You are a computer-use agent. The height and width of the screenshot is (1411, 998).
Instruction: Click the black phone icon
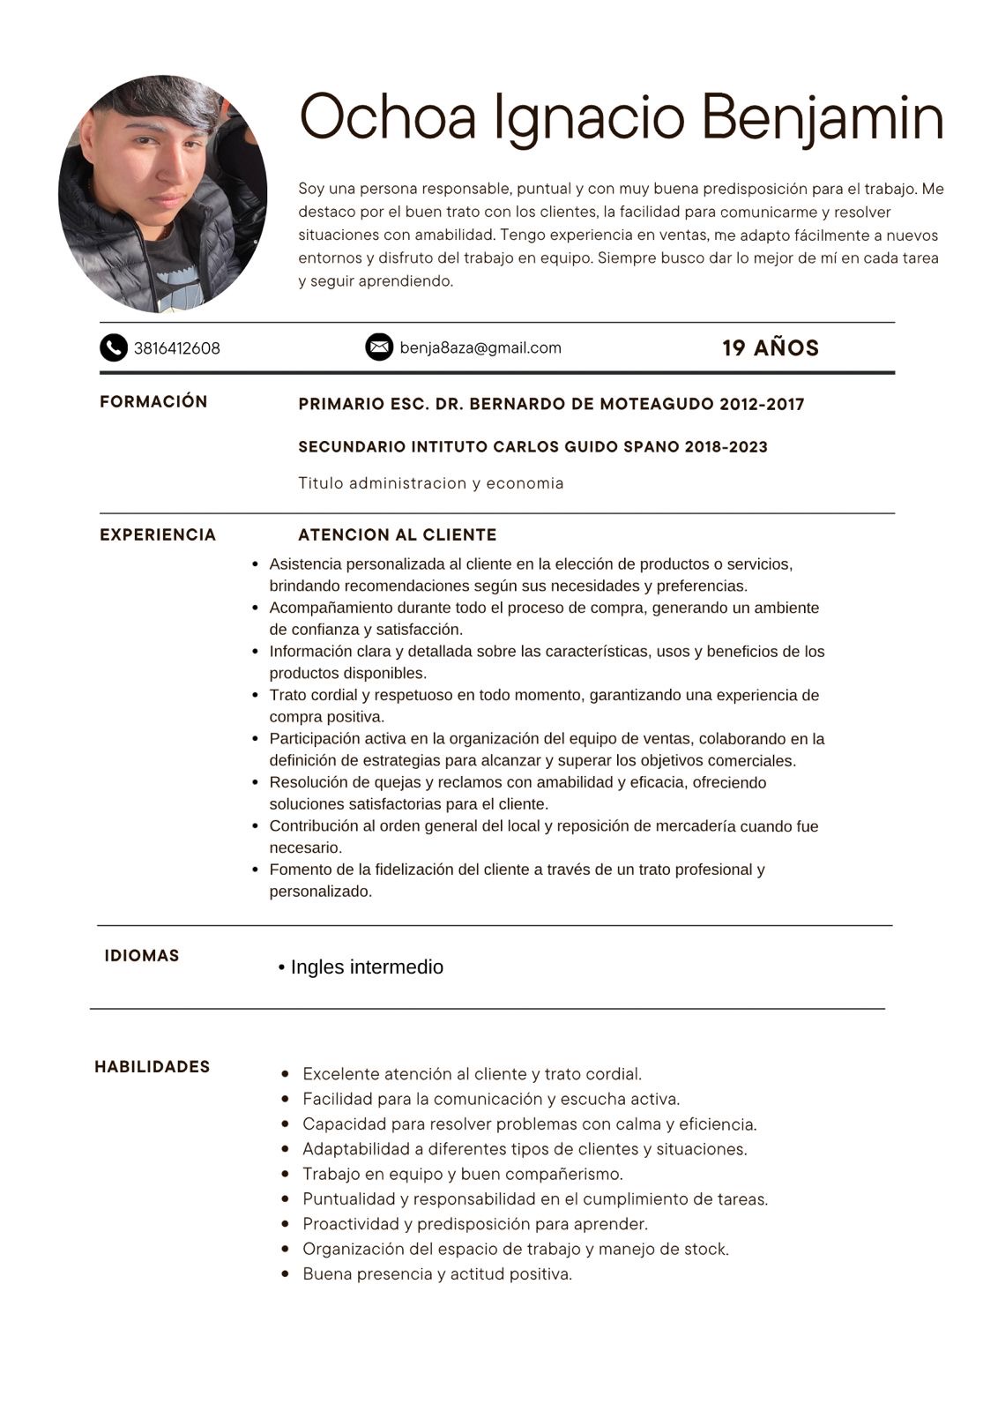coord(114,348)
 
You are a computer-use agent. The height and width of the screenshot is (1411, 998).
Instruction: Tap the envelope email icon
coord(379,347)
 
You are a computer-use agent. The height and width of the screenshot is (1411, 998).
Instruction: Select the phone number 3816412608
coord(177,348)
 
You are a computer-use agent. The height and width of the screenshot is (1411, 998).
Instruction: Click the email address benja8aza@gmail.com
coord(480,347)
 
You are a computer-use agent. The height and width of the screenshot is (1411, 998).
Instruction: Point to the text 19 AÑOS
coord(771,348)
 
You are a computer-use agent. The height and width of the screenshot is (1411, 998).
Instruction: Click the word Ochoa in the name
coord(388,116)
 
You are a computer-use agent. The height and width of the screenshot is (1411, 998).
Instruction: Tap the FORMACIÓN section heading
coord(153,402)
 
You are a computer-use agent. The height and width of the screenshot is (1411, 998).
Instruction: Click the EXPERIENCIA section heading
coord(158,535)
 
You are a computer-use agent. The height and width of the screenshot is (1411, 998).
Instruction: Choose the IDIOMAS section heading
coord(142,956)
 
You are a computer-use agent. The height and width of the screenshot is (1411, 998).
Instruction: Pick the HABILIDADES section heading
coord(153,1067)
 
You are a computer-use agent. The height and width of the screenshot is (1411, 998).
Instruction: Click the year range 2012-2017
coord(762,405)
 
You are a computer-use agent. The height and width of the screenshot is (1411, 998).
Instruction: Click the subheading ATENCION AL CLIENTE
coord(398,535)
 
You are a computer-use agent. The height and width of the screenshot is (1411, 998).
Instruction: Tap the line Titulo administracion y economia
coord(431,483)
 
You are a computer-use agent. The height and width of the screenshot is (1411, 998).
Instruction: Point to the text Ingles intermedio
coord(367,967)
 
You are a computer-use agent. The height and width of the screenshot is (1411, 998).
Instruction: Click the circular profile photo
coord(163,194)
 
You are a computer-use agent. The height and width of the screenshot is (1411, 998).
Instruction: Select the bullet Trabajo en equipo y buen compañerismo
coord(463,1175)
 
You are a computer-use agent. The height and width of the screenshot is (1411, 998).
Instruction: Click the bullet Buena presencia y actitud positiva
coord(437,1274)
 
